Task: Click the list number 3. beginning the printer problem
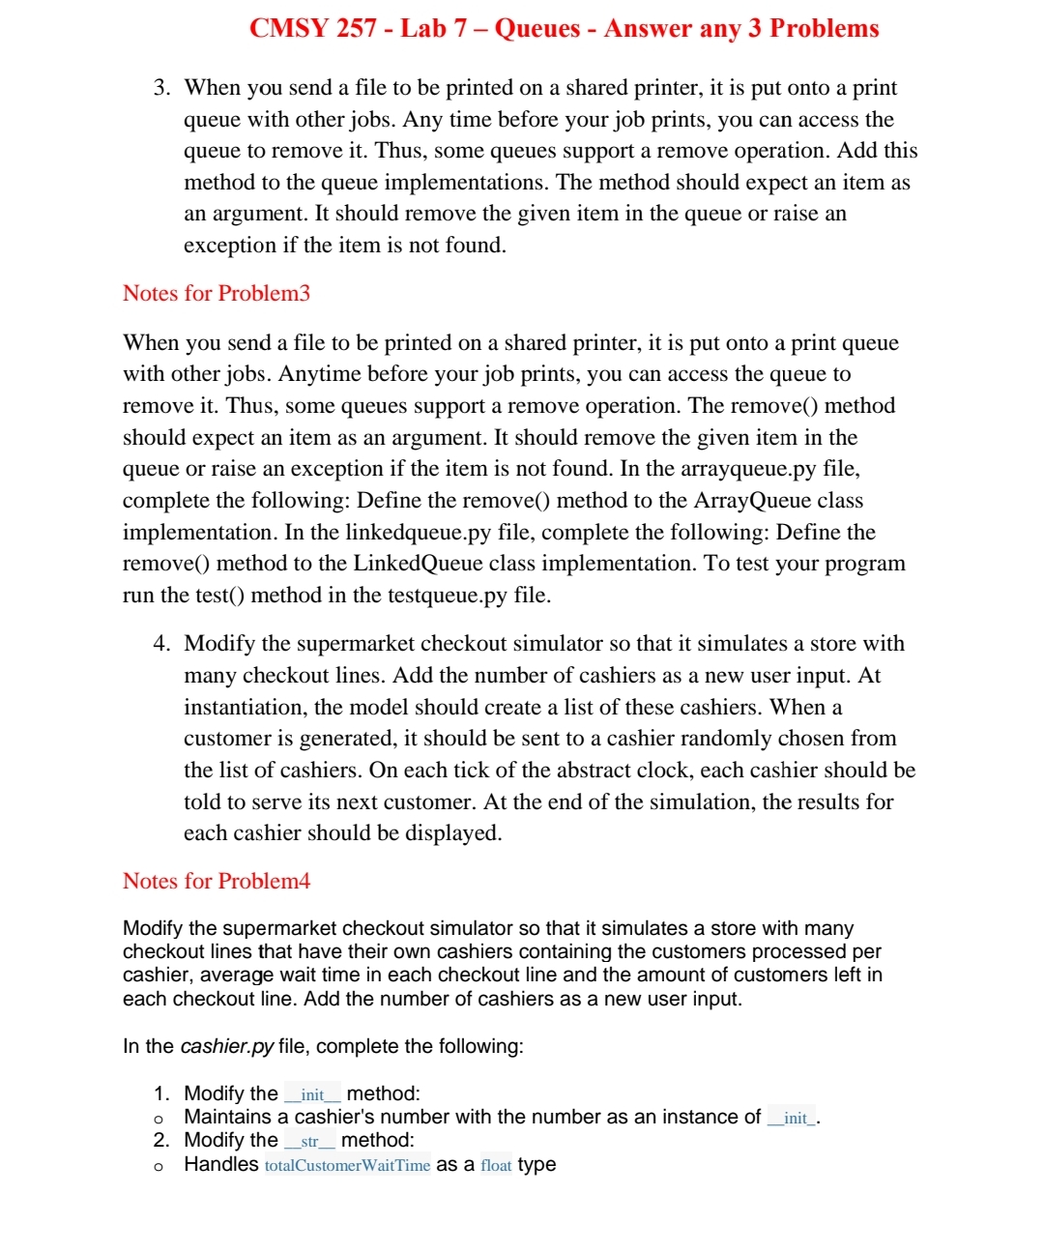(x=161, y=88)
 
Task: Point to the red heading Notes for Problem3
(x=217, y=293)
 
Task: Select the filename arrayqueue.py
(x=748, y=469)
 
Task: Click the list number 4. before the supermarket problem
(x=161, y=644)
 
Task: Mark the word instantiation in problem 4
(x=244, y=708)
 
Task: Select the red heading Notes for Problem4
(x=217, y=881)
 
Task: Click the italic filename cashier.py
(x=227, y=1046)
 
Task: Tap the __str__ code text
(x=309, y=1141)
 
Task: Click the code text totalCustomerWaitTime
(x=347, y=1165)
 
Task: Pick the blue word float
(x=496, y=1165)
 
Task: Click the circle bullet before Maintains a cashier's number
(x=159, y=1119)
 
